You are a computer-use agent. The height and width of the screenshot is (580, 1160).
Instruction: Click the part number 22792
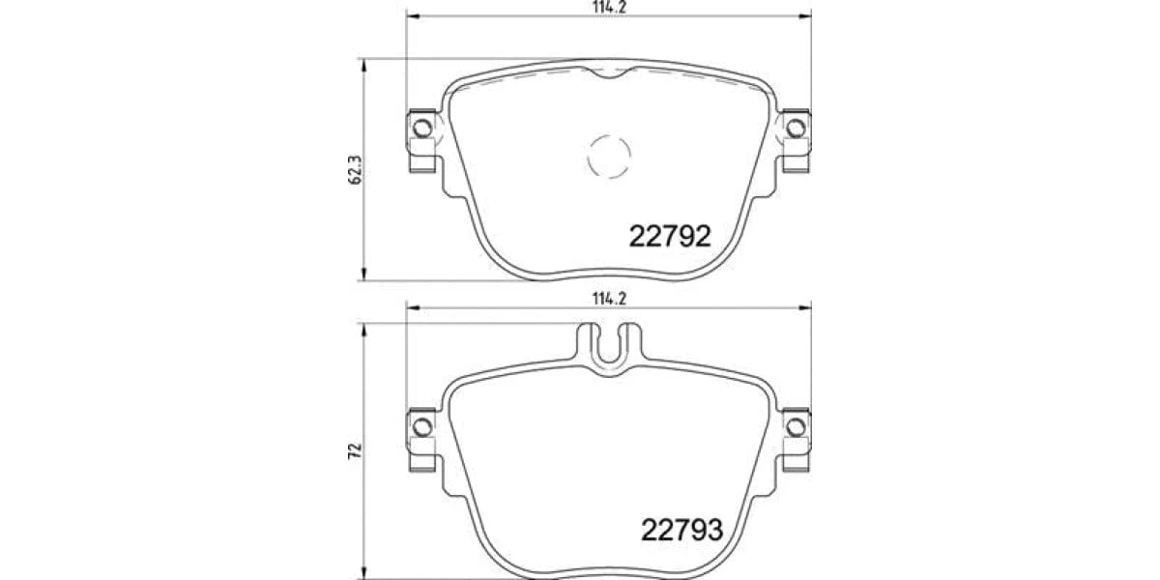pyautogui.click(x=670, y=236)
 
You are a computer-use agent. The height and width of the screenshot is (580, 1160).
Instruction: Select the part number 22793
pyautogui.click(x=681, y=530)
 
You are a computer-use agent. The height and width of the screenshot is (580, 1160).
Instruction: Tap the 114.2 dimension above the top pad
pyautogui.click(x=610, y=8)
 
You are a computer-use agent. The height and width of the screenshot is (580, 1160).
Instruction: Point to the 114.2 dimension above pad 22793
pyautogui.click(x=610, y=299)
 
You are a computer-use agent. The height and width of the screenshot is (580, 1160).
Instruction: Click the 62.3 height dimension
pyautogui.click(x=356, y=170)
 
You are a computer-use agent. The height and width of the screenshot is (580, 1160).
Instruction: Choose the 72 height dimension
pyautogui.click(x=356, y=451)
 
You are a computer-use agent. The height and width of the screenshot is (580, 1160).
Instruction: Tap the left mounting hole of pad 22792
pyautogui.click(x=422, y=128)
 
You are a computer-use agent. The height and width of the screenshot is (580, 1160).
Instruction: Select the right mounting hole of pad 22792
pyautogui.click(x=796, y=128)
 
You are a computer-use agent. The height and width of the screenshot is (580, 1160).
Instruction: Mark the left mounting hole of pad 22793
pyautogui.click(x=422, y=426)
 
